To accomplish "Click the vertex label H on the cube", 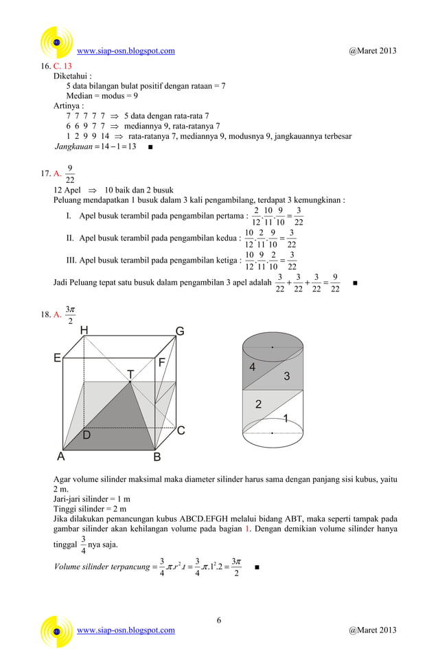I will tap(84, 331).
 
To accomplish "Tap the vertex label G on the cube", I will tap(180, 331).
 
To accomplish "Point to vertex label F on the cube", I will tap(162, 362).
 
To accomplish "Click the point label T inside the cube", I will tap(130, 373).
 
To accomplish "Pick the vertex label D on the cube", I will tap(87, 435).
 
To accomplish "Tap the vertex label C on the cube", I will tap(181, 431).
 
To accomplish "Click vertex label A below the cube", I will tap(61, 456).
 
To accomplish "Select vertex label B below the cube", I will tap(157, 457).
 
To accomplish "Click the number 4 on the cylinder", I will tap(253, 367).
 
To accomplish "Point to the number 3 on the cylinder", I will tap(287, 377).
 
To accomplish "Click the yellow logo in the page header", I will tap(58, 43).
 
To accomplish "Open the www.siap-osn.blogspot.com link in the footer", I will tap(126, 630).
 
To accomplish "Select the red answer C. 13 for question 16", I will tap(62, 66).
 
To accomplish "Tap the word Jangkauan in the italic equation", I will tap(73, 146).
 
